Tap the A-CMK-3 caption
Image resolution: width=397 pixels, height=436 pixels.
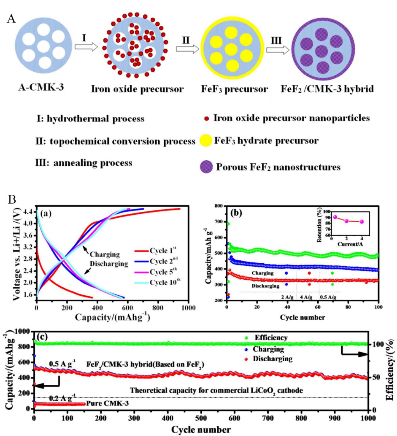(x=41, y=88)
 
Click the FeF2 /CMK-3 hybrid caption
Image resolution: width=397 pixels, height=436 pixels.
(x=327, y=89)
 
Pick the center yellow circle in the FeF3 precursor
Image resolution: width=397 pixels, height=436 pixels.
(x=231, y=49)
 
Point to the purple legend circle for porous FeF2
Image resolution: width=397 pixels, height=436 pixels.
(x=206, y=167)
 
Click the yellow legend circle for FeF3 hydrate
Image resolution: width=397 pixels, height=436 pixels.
(x=206, y=141)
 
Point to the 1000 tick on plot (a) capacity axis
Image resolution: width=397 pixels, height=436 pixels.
(x=188, y=308)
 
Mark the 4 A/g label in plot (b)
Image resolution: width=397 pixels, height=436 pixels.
(x=306, y=297)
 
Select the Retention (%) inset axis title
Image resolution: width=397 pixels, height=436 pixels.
(x=320, y=226)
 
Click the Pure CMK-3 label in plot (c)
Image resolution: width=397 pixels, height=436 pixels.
(x=107, y=403)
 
